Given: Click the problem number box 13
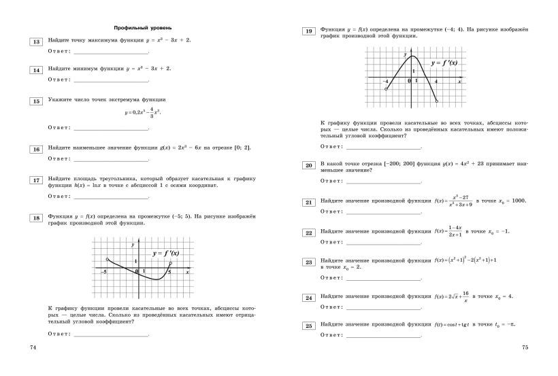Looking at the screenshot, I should coord(35,41).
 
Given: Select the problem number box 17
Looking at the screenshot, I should coord(35,180).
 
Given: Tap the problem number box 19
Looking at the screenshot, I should coord(308,31).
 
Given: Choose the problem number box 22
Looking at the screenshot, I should coord(308,233).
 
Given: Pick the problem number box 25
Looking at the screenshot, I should coord(308,326).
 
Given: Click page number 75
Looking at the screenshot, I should coord(525,347).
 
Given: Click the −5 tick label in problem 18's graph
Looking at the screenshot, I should coord(105,272).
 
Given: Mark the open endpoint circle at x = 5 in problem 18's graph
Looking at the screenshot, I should coord(170,264).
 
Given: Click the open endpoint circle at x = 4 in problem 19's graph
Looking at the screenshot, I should coord(436,102).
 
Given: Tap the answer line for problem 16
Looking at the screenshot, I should coord(111,158).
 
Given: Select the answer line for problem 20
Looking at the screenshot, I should coord(383,181).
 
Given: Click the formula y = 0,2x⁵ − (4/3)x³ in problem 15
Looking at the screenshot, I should coord(144,112).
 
